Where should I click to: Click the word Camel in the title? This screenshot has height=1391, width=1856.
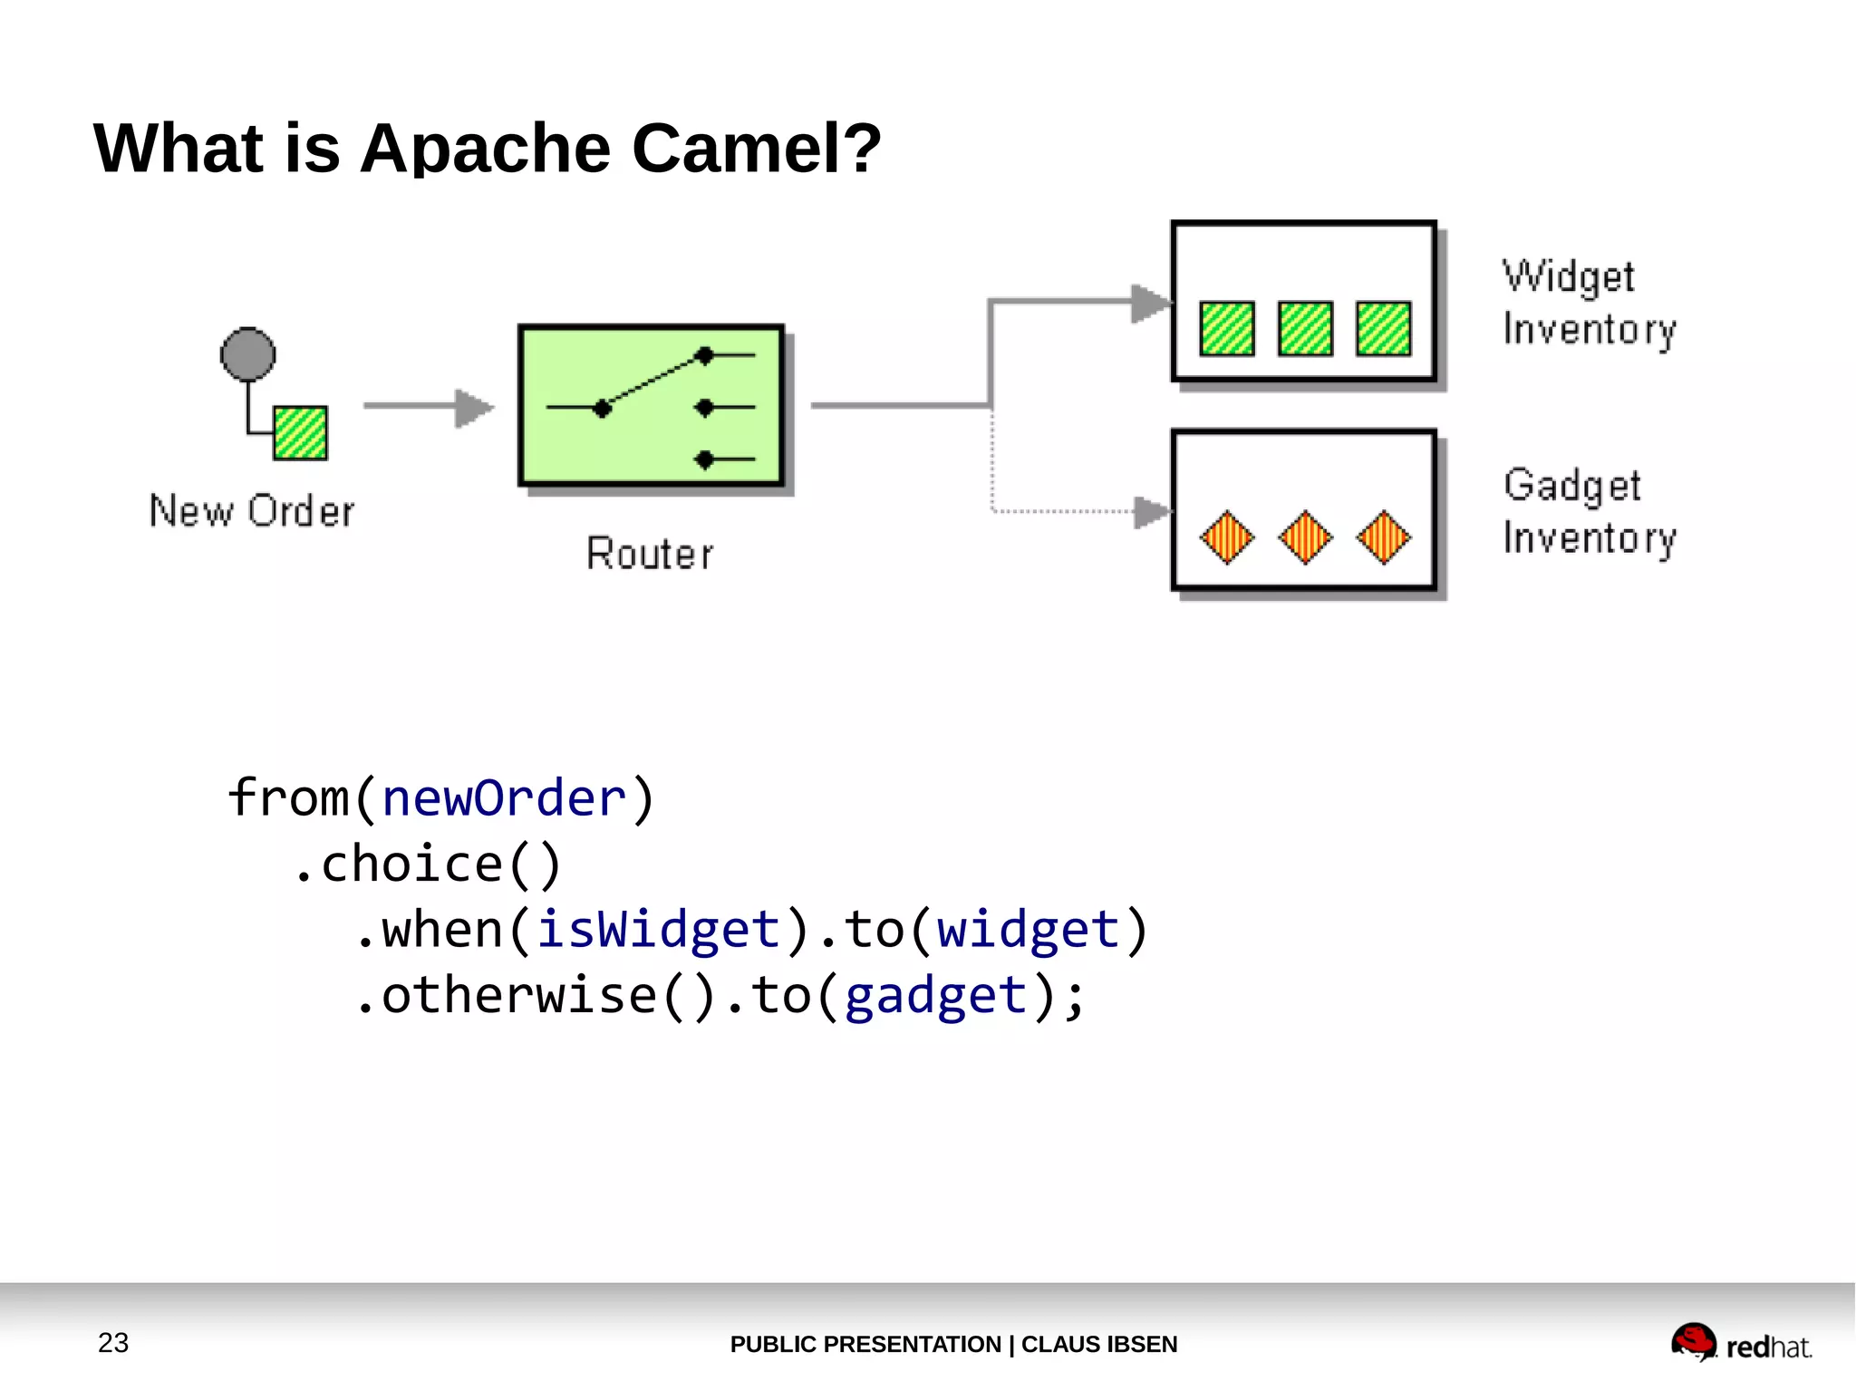[x=756, y=148]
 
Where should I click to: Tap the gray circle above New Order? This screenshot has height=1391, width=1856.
[x=247, y=354]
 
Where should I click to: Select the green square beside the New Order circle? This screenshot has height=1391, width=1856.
[x=300, y=433]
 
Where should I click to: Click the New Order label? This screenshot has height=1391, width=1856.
[x=252, y=511]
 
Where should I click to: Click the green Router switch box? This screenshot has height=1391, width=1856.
[x=650, y=405]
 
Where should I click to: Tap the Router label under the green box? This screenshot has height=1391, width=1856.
[x=650, y=554]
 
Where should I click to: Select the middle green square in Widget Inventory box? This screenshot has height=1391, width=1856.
[x=1305, y=328]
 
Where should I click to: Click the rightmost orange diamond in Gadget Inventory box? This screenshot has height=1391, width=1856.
[x=1383, y=537]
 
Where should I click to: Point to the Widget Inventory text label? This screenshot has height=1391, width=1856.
[x=1589, y=303]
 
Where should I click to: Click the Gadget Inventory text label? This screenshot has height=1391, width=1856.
[x=1589, y=511]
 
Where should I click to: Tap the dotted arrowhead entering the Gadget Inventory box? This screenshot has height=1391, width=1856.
[x=1152, y=512]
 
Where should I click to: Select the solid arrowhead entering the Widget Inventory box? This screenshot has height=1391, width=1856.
[x=1150, y=304]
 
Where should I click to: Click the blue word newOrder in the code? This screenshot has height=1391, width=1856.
[x=504, y=798]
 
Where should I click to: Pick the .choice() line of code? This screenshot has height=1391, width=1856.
[x=427, y=864]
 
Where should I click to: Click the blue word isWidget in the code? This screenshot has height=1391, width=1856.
[x=658, y=930]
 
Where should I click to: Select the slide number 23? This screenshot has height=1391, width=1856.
[x=113, y=1342]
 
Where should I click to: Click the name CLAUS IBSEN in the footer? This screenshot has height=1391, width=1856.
[x=1098, y=1344]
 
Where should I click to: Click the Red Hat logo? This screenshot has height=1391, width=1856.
[x=1740, y=1343]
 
